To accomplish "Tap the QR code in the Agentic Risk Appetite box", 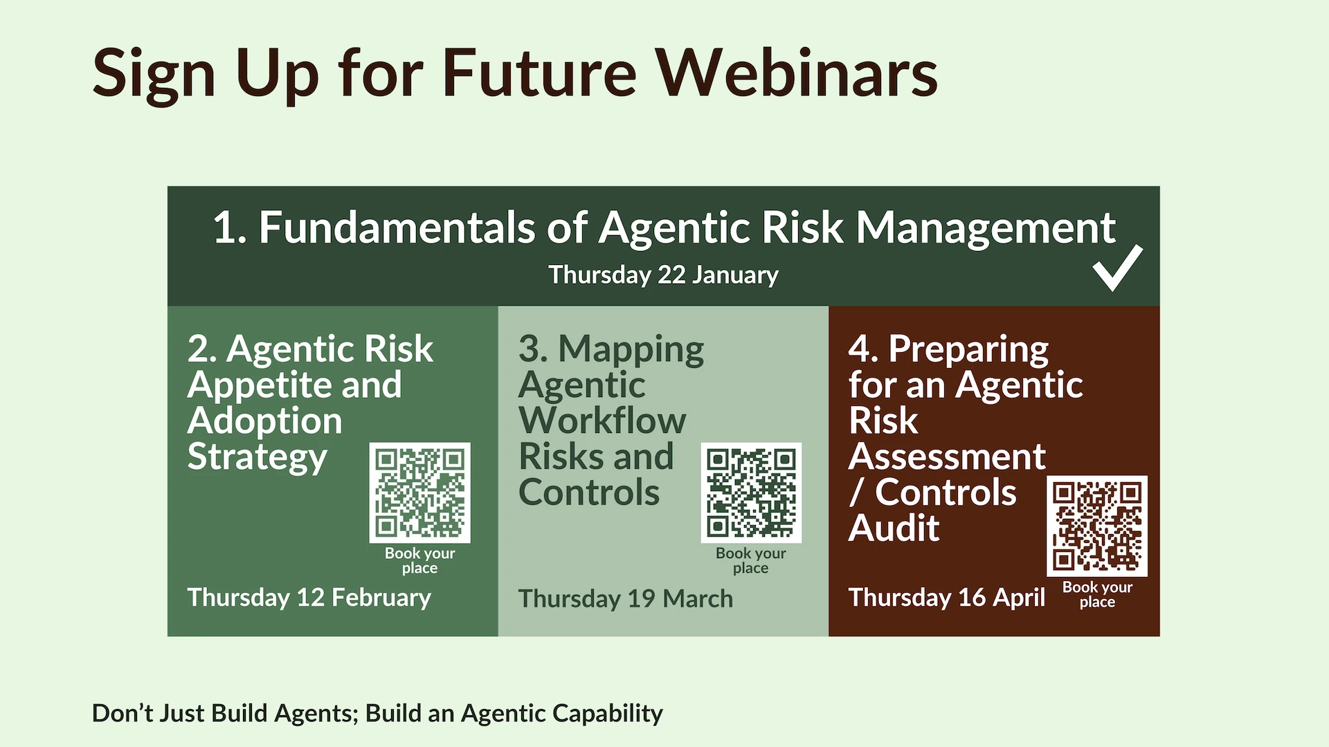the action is point(419,492).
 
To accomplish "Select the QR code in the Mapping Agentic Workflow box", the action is point(751,492).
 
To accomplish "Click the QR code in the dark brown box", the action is point(1097,526).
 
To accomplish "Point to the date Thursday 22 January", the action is point(663,275).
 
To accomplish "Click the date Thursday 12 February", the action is point(309,598).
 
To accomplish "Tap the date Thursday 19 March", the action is point(625,598).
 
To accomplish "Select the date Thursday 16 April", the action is point(947,598).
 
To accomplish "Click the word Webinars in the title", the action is point(797,73).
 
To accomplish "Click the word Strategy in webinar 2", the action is point(257,458).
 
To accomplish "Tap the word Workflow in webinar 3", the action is point(602,421).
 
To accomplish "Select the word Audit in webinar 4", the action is point(894,528).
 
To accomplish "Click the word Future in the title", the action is point(539,73).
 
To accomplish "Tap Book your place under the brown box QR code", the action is point(1097,594).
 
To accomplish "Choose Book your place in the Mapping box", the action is point(751,560).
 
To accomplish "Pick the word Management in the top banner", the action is point(986,228).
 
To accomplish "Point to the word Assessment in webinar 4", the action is point(947,456).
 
